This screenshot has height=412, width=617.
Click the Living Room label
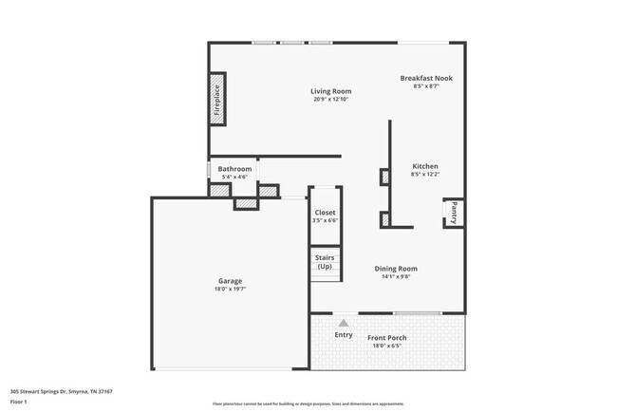coord(330,91)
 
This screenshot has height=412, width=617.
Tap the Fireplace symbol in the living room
coord(216,100)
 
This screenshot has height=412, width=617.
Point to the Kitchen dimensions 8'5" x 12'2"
coord(424,175)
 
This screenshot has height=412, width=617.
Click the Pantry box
coord(454,213)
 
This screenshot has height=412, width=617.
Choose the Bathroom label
coord(234,169)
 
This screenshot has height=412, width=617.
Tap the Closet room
coord(325,215)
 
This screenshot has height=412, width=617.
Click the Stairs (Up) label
coord(325,261)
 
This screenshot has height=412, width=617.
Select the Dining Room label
coord(395,269)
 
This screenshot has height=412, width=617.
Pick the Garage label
coord(230,281)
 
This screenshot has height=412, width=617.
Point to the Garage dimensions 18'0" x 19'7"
coord(230,290)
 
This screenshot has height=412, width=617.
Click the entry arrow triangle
coord(344,324)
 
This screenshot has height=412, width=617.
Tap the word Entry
coord(344,335)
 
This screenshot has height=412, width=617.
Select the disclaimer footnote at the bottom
coord(308,403)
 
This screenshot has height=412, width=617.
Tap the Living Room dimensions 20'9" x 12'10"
coord(330,100)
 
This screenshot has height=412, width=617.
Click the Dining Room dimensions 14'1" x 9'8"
coord(395,277)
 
